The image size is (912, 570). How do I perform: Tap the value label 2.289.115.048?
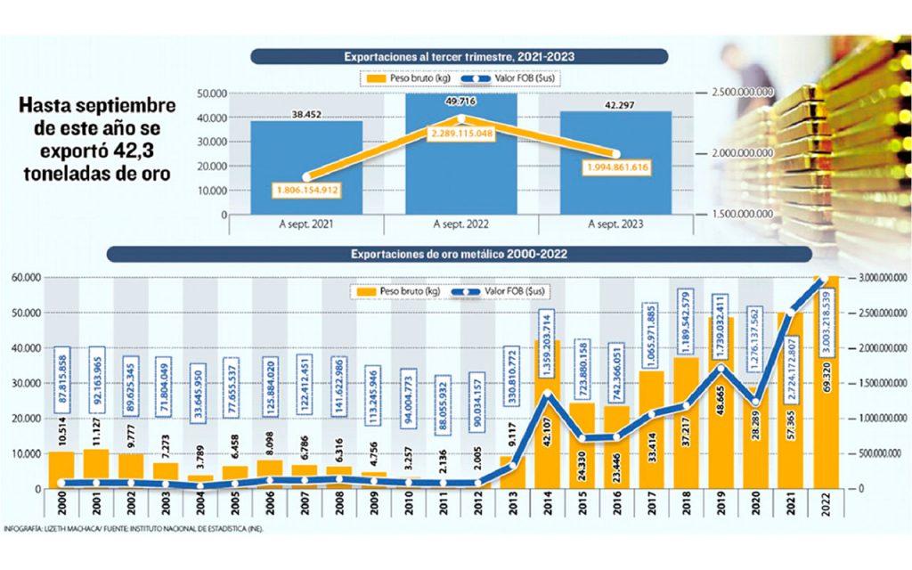tap(461, 133)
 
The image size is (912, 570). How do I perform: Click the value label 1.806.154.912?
tap(306, 191)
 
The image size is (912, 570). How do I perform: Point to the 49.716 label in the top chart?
tap(461, 102)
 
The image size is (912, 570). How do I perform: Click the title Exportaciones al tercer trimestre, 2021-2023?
tap(459, 56)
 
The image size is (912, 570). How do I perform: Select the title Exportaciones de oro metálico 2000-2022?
tap(459, 254)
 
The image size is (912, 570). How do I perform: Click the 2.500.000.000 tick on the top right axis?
tap(743, 93)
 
